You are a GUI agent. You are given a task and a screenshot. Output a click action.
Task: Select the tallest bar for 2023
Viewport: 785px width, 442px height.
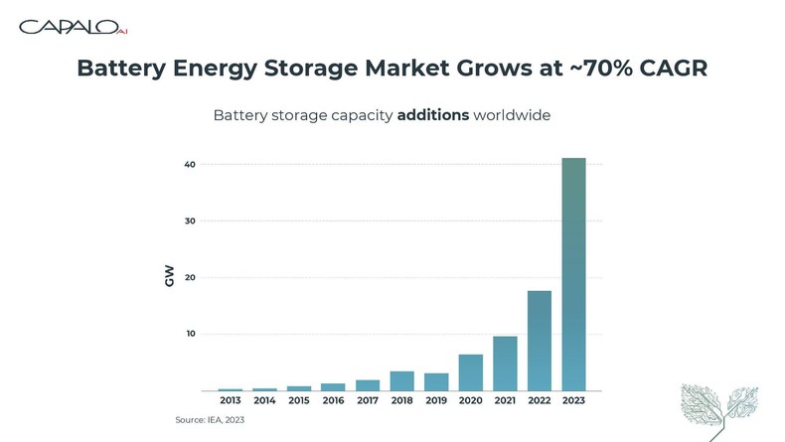573,273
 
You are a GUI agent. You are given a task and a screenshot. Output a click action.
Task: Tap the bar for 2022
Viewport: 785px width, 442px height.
540,340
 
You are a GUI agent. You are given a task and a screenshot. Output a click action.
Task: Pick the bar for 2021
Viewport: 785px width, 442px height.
505,364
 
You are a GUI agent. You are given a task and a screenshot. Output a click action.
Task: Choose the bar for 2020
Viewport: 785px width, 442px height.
471,372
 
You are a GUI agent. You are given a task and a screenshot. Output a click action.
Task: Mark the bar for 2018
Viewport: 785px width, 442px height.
402,380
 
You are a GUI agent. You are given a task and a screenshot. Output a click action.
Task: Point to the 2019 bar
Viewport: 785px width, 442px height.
436,381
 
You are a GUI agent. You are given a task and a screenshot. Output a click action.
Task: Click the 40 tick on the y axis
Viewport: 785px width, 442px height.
190,164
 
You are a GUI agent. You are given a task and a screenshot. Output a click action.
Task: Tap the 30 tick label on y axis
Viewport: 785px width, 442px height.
190,221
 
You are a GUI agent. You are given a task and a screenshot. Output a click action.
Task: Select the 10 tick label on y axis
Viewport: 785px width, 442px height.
190,334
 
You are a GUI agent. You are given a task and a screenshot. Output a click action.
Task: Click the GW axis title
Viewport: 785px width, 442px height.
169,277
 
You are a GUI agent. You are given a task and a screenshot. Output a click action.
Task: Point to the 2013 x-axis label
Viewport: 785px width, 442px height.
231,401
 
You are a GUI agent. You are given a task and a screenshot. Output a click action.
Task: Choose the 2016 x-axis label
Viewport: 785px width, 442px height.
333,401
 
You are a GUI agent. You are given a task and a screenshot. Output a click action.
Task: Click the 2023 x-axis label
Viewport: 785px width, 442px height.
573,401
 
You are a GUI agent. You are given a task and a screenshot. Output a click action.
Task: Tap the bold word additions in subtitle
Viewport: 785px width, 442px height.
433,115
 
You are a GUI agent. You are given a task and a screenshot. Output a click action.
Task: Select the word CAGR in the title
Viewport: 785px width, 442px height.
676,69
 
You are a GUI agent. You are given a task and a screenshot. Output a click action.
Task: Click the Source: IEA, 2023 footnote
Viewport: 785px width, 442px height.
210,420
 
